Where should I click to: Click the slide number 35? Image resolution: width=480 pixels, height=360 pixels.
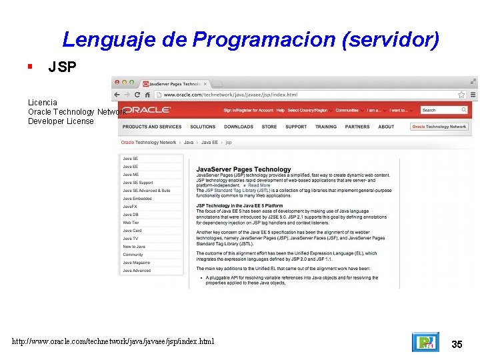pyautogui.click(x=457, y=344)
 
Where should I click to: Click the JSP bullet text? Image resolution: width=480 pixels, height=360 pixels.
pyautogui.click(x=62, y=67)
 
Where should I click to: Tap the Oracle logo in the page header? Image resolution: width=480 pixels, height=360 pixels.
pyautogui.click(x=148, y=110)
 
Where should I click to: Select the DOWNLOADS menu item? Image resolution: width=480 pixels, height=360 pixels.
pyautogui.click(x=238, y=127)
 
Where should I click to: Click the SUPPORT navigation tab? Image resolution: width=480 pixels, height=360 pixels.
pyautogui.click(x=296, y=127)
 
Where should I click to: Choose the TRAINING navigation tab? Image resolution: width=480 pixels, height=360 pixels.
pyautogui.click(x=326, y=127)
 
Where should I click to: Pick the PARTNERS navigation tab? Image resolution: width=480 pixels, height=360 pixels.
pyautogui.click(x=357, y=127)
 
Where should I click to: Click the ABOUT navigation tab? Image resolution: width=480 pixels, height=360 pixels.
pyautogui.click(x=386, y=127)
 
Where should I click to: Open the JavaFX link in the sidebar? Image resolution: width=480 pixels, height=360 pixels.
pyautogui.click(x=129, y=207)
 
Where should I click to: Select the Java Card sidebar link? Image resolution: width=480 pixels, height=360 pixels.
pyautogui.click(x=132, y=231)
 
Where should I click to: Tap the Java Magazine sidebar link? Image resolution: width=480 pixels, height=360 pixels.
pyautogui.click(x=136, y=263)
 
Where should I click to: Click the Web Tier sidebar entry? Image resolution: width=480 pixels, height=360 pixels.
pyautogui.click(x=131, y=223)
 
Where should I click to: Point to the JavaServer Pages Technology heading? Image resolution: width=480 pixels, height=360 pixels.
pyautogui.click(x=243, y=169)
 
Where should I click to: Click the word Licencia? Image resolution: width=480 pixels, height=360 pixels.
pyautogui.click(x=42, y=103)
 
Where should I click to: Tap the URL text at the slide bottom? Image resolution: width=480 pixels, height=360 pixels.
pyautogui.click(x=113, y=342)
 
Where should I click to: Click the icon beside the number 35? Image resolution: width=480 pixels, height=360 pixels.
pyautogui.click(x=425, y=342)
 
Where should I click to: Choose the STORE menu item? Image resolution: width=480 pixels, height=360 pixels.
pyautogui.click(x=269, y=127)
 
